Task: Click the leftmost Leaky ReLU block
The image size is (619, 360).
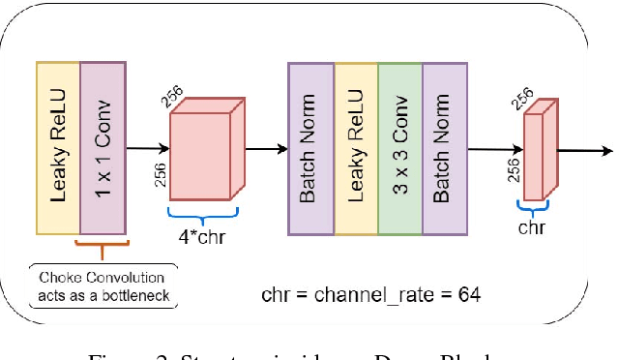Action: tap(58, 148)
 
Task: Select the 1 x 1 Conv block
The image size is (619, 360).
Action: tap(103, 148)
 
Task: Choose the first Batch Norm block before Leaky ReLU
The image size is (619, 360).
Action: tap(310, 148)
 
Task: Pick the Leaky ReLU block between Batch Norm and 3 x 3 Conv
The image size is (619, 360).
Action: tap(355, 148)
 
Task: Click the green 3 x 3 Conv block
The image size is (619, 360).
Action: tap(399, 148)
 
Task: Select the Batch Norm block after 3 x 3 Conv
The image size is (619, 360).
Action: tap(443, 148)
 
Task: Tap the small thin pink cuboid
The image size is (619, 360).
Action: tap(535, 153)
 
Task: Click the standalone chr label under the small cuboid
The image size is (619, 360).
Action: tap(530, 227)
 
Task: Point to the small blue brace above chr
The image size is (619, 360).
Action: tap(530, 206)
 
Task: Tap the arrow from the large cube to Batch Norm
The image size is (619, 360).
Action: tap(265, 149)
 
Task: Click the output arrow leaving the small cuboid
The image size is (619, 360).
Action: tap(584, 150)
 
